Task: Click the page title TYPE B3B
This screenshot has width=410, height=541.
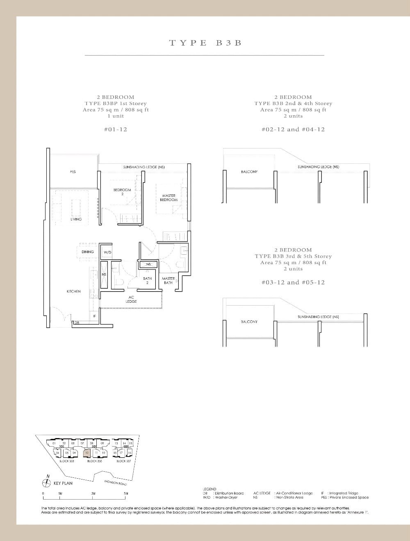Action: (205, 43)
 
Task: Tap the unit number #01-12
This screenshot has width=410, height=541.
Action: (115, 129)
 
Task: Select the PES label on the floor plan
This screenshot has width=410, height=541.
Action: (73, 171)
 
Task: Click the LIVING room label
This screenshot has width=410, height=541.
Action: (76, 219)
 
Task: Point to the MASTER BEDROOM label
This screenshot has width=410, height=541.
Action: (169, 198)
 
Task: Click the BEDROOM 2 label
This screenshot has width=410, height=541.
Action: (122, 192)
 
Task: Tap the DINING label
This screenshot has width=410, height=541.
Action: (88, 252)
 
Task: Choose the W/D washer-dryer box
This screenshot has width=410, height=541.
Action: (107, 252)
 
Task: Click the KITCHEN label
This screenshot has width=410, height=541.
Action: (74, 291)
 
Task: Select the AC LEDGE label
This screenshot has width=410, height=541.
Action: (131, 299)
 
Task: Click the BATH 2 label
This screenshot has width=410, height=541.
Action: (147, 281)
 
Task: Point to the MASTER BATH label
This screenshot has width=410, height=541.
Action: (168, 281)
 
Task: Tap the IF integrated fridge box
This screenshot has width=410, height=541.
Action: (94, 316)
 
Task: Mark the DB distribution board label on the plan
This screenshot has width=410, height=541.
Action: (77, 323)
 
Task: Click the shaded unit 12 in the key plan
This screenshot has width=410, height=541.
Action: (87, 452)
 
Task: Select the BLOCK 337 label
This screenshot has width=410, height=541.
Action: (123, 461)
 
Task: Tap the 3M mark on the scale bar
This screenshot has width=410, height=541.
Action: (93, 493)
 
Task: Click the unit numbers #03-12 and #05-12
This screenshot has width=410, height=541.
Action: (293, 282)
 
